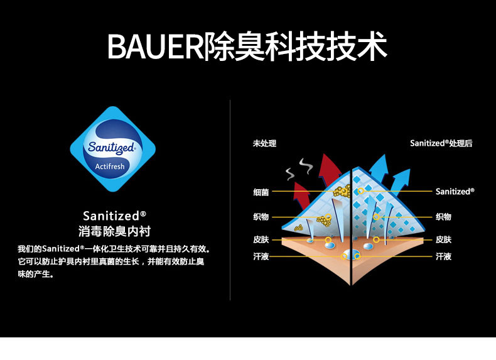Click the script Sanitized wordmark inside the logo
click(111, 148)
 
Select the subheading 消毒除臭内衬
click(114, 231)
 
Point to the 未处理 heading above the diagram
click(264, 143)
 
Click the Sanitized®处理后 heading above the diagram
click(441, 143)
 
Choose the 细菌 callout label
click(261, 191)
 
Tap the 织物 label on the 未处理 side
click(261, 217)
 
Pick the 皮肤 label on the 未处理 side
click(261, 239)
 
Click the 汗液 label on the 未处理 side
click(261, 256)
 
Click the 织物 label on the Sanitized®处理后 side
click(443, 217)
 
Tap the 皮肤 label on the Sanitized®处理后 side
click(443, 239)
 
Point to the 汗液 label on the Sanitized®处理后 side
click(443, 256)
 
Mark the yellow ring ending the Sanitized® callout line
click(360, 190)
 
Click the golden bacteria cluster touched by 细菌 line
click(341, 190)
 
